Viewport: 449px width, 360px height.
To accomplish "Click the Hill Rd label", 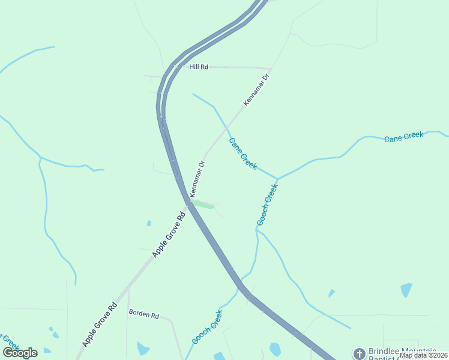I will [199, 67].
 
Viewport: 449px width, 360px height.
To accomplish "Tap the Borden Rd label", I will [143, 314].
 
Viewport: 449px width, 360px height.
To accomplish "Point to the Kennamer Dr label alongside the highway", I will [197, 179].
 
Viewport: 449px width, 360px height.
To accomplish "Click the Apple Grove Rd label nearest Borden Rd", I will [99, 324].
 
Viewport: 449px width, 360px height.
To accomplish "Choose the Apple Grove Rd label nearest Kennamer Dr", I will [169, 235].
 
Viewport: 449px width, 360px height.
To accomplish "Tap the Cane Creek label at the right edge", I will [404, 137].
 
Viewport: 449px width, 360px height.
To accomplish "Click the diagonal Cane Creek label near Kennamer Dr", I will [243, 154].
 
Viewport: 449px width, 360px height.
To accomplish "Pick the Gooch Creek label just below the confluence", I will [267, 205].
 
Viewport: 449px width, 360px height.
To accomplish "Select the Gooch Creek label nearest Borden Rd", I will [207, 327].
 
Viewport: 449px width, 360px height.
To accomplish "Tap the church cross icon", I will [359, 354].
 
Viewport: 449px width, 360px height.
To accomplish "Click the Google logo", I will [20, 353].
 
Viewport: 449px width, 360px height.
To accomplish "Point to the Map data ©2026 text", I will [423, 355].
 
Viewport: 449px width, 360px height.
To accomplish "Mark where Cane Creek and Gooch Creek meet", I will [277, 179].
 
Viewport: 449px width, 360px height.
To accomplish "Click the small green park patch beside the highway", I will [203, 205].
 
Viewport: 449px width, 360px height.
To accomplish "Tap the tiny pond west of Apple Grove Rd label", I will [149, 223].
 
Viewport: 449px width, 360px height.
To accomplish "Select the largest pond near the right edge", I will [407, 290].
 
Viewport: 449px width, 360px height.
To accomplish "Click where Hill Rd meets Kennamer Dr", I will [271, 68].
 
